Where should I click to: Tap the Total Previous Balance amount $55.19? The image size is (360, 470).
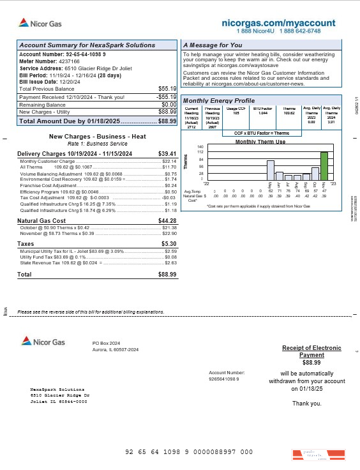pyautogui.click(x=167, y=88)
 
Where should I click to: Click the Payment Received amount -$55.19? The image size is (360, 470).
pyautogui.click(x=166, y=96)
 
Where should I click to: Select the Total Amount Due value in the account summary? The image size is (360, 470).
pyautogui.click(x=167, y=121)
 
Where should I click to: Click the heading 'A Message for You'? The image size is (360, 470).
pyautogui.click(x=213, y=45)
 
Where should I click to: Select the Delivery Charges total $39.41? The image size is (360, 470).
pyautogui.click(x=167, y=153)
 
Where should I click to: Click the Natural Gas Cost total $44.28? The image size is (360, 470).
pyautogui.click(x=167, y=220)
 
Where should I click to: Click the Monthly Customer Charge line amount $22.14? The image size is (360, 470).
pyautogui.click(x=169, y=162)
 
